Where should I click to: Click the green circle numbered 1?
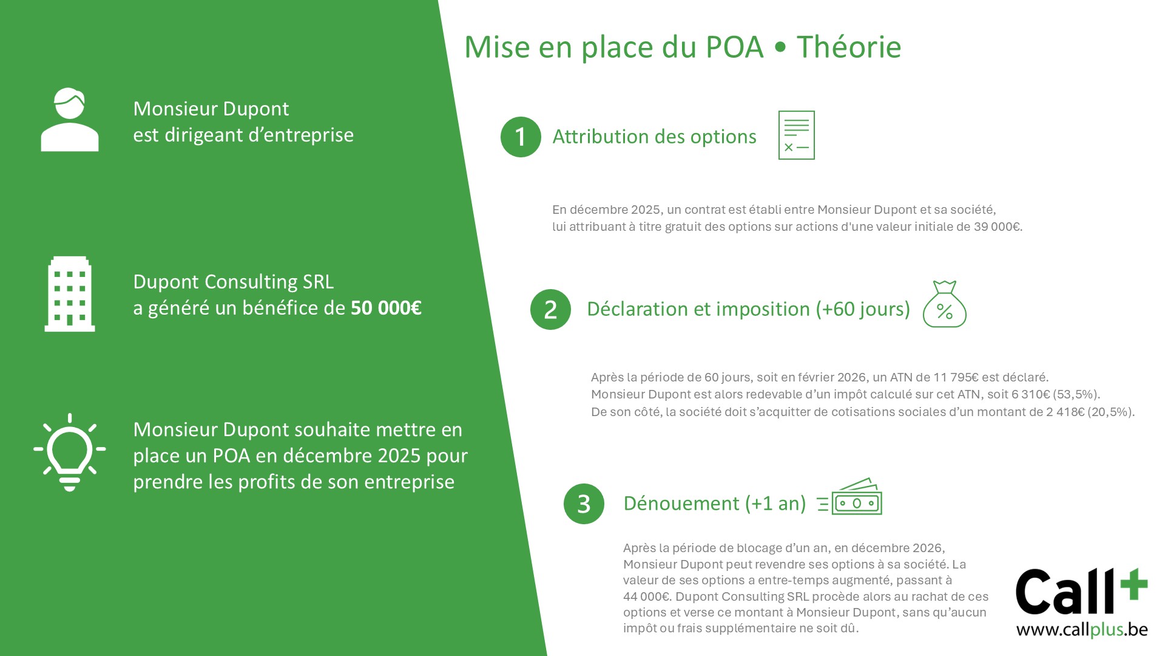point(521,137)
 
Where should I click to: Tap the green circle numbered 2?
point(550,309)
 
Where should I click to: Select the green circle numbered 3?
point(584,504)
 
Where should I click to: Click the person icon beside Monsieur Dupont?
point(70,120)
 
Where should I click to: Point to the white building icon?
point(70,294)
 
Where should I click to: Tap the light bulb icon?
point(70,453)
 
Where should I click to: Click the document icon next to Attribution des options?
point(797,135)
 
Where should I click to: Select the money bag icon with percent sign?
point(945,304)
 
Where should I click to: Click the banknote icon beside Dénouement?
point(849,497)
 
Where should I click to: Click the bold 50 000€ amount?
point(386,308)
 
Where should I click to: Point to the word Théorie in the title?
point(849,47)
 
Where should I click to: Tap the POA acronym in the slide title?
point(734,47)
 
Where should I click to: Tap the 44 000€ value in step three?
point(647,596)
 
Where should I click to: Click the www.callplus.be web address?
point(1082,629)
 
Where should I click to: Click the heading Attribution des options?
point(654,137)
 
